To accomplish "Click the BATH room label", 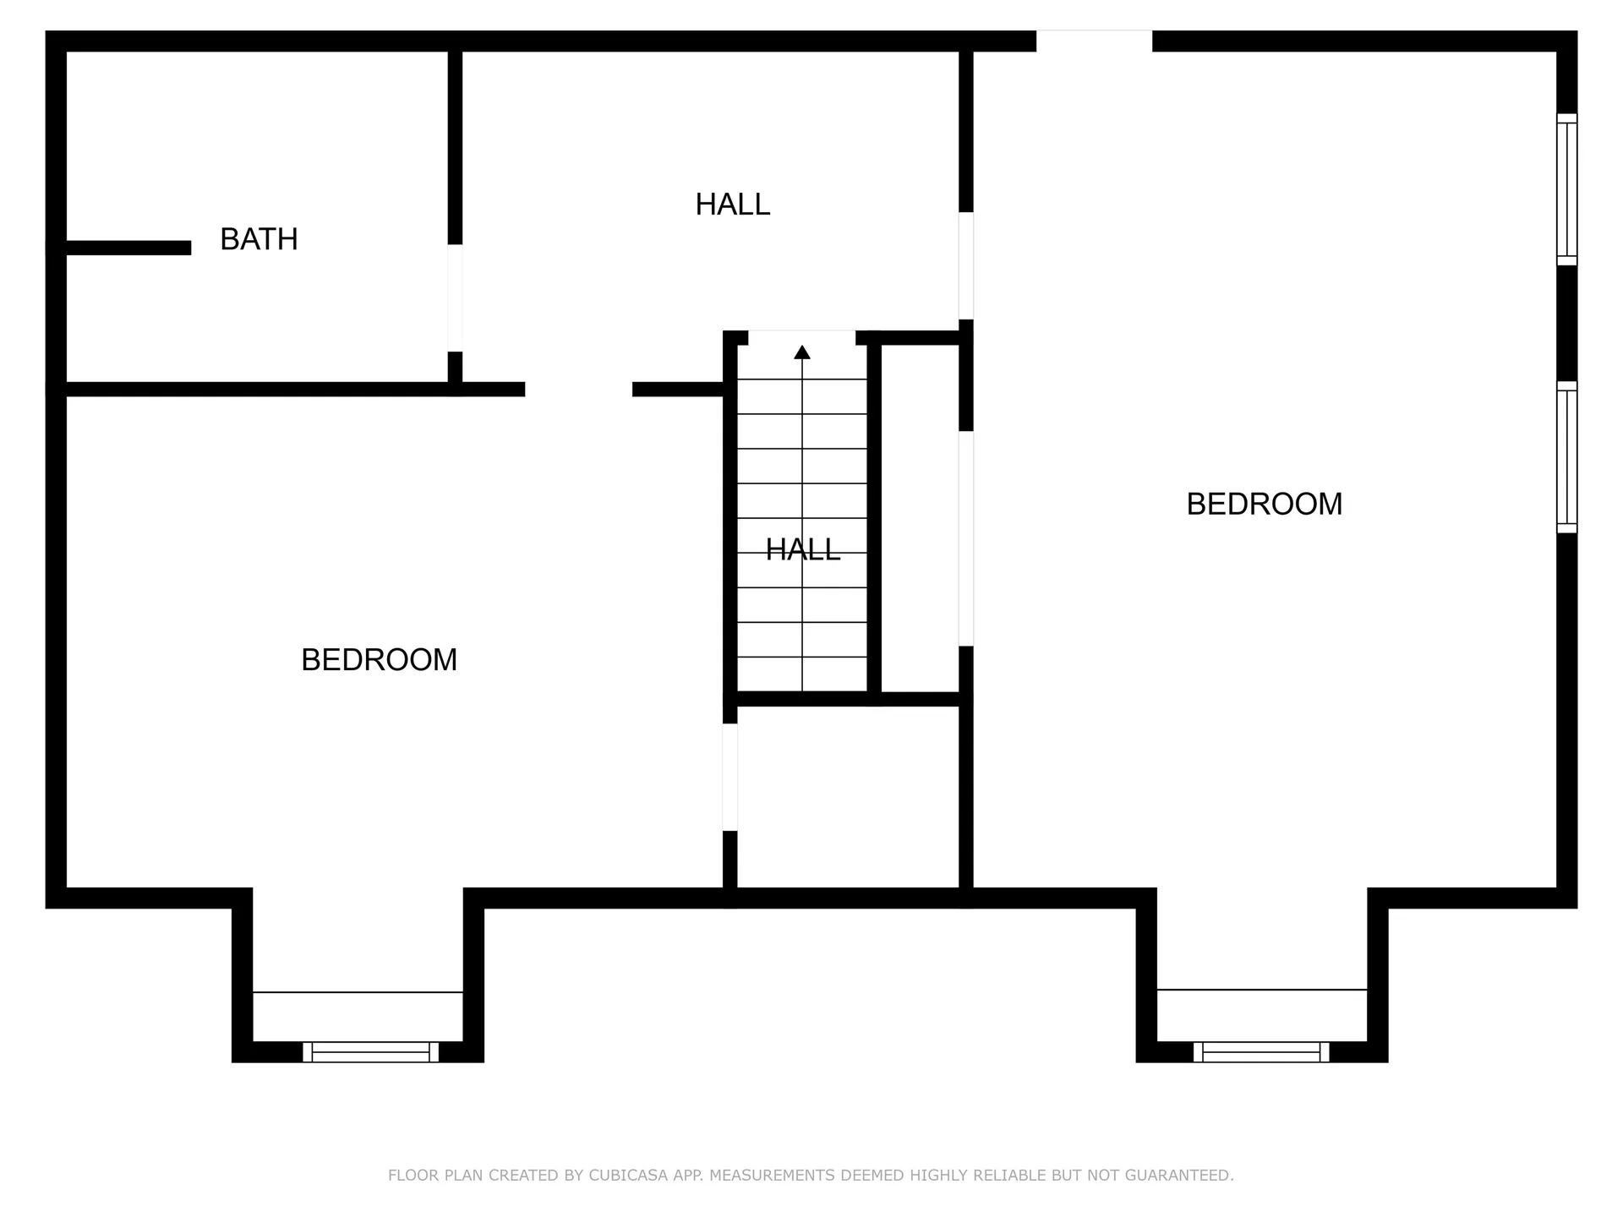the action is pos(259,239).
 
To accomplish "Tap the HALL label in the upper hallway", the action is pos(732,205).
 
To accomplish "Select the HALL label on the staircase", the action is pos(802,549).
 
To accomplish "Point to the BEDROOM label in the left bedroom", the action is pos(379,659).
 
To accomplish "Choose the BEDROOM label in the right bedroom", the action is pos(1264,504).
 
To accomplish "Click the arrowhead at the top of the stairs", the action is pos(802,352).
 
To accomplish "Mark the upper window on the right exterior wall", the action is pos(1566,189).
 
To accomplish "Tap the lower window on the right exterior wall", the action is pos(1566,457).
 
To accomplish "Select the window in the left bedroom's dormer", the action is pos(370,1052).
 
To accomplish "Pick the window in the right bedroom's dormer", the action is pos(1261,1052).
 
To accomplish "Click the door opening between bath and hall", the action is pos(455,297).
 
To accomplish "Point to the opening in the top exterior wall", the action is pos(1094,41).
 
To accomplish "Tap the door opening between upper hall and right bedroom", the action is pos(965,265).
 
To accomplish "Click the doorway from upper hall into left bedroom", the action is pos(578,390).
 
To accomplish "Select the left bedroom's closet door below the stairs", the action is pos(730,777).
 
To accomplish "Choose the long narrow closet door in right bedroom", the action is pos(965,538).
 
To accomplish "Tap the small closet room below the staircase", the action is pos(848,797).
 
